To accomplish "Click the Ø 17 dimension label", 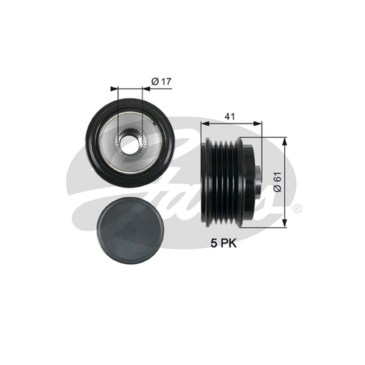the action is pos(161,82).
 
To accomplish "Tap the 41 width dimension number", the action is pos(229,116).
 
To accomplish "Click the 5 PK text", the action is pos(224,244).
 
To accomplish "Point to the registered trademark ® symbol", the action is pos(297,209).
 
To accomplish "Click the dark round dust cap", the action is pos(130,230).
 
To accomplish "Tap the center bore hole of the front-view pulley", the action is pos(130,143).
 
